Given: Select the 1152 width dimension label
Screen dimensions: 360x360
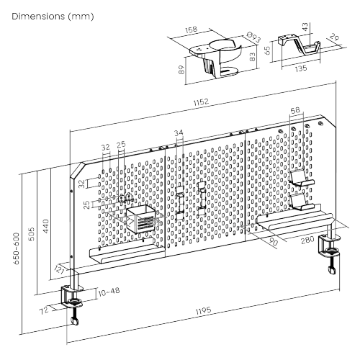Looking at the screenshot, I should [201, 103].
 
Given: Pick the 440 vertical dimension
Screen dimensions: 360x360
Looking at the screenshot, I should [45, 225].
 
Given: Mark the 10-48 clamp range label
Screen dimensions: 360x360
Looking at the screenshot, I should [107, 291].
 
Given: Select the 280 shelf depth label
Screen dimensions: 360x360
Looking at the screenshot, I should [306, 240].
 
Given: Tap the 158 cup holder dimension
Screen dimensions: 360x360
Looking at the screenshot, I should [191, 30].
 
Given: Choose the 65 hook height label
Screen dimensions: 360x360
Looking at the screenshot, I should [267, 51].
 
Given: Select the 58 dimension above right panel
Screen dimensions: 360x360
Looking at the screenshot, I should [295, 110].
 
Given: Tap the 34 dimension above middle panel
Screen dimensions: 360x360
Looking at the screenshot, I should [179, 132].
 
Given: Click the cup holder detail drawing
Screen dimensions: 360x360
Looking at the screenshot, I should [216, 58].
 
